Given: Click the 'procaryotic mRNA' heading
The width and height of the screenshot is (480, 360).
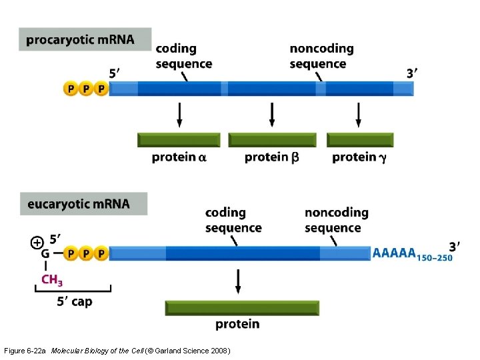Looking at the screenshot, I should coord(81,40).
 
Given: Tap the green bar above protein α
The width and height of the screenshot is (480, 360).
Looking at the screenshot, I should coord(179,140).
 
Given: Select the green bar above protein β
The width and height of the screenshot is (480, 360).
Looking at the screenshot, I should coord(272,140).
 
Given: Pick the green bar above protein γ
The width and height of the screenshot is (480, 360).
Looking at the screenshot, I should coord(360,140).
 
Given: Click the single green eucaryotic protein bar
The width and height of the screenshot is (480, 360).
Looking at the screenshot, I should coord(242,307).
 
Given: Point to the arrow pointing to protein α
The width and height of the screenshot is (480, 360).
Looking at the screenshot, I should coord(179,115).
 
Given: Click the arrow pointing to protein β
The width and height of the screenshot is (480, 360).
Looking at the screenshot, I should coord(272,115).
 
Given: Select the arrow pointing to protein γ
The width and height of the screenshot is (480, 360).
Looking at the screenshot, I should coord(359,115).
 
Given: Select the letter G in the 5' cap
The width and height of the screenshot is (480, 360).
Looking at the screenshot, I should coord(45,253).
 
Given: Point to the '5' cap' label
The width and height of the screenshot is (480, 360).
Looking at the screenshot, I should coord(74,302).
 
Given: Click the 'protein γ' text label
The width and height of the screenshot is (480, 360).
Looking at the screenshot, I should coord(359,158).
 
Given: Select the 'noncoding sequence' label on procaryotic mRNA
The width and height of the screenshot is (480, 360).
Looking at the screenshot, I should coord(321,57).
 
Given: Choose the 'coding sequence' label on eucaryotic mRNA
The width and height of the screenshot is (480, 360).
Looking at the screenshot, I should coord(233,220).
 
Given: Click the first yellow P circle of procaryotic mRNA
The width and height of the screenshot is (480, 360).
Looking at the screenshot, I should coord(71,89).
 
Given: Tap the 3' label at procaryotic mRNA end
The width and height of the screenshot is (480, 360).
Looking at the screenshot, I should coord(413,73).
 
